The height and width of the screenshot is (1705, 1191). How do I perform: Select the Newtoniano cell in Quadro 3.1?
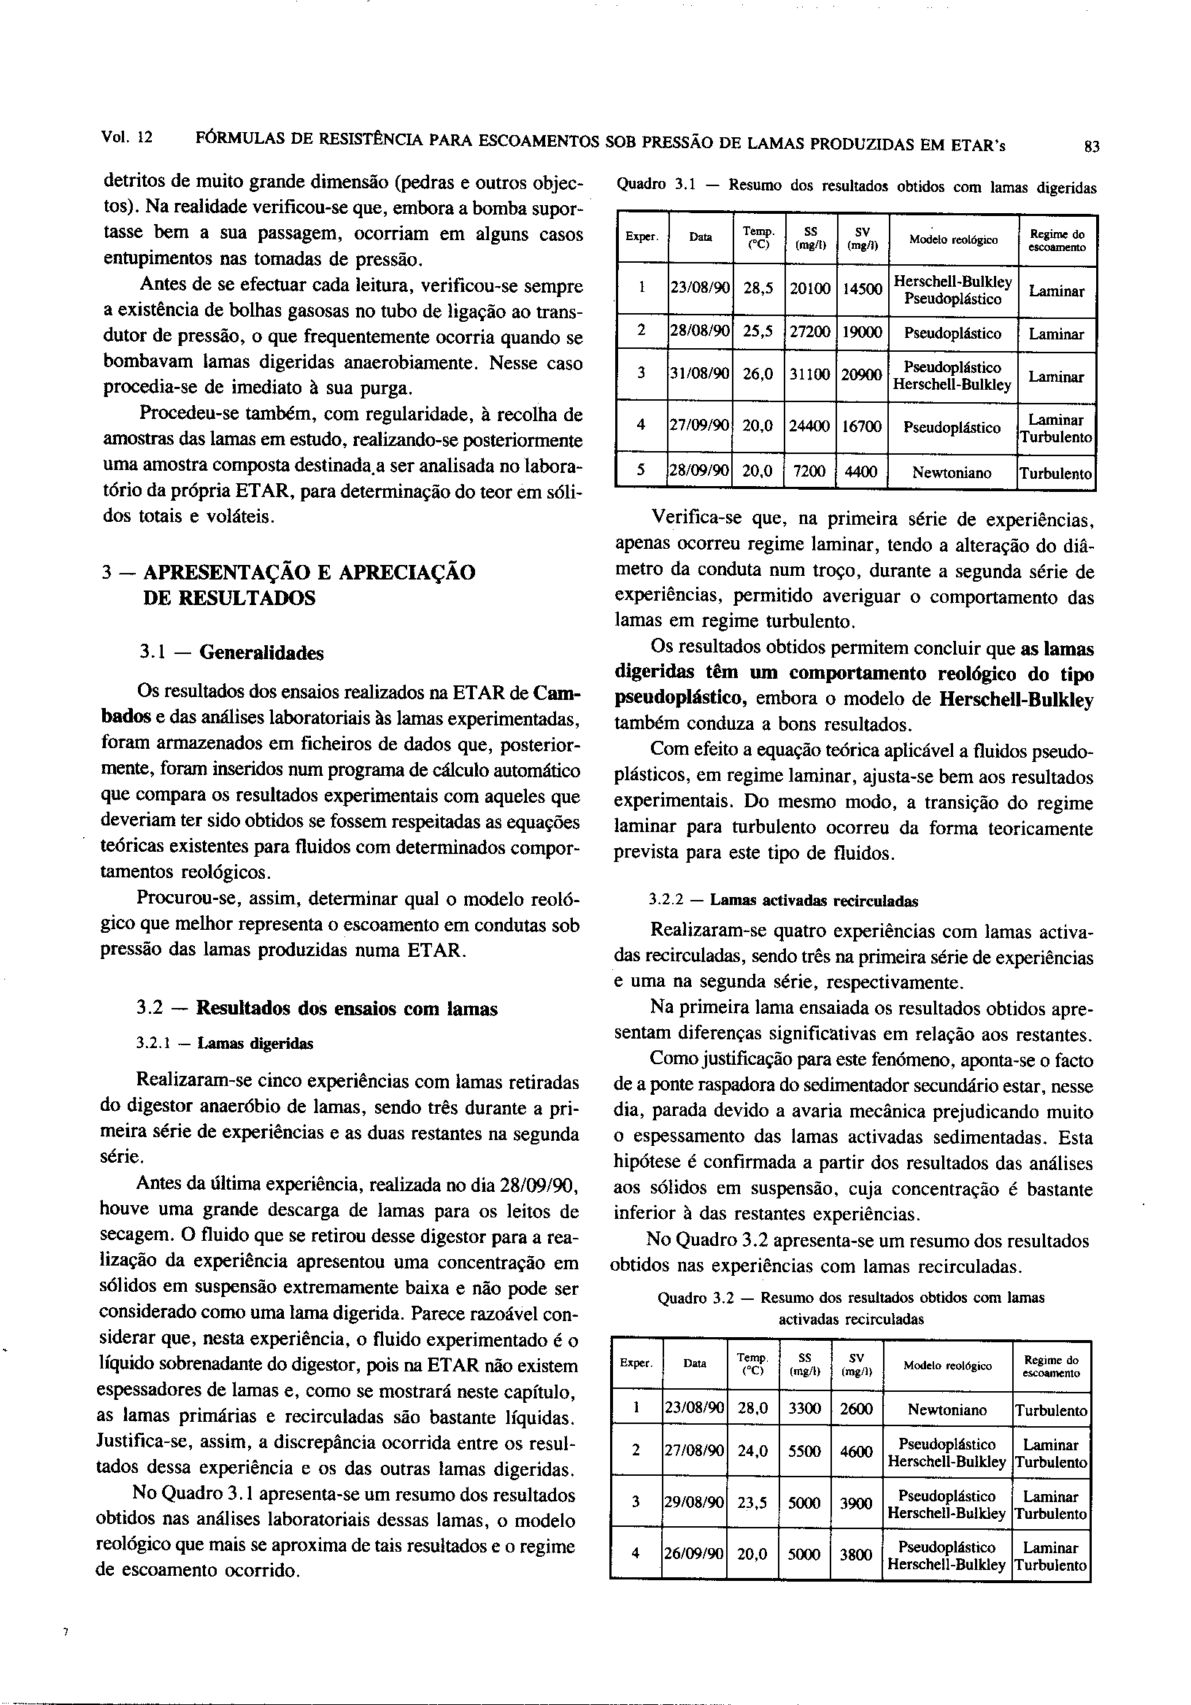coord(952,472)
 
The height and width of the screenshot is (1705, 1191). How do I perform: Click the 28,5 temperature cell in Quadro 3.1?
coord(758,288)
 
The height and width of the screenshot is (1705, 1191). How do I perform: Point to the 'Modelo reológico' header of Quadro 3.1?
coord(953,239)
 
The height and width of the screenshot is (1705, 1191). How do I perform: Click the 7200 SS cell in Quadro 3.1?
coord(809,472)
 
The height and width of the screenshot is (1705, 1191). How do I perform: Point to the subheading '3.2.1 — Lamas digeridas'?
coord(225,1043)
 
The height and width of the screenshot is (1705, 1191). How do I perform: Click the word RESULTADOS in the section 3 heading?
coord(228,597)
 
